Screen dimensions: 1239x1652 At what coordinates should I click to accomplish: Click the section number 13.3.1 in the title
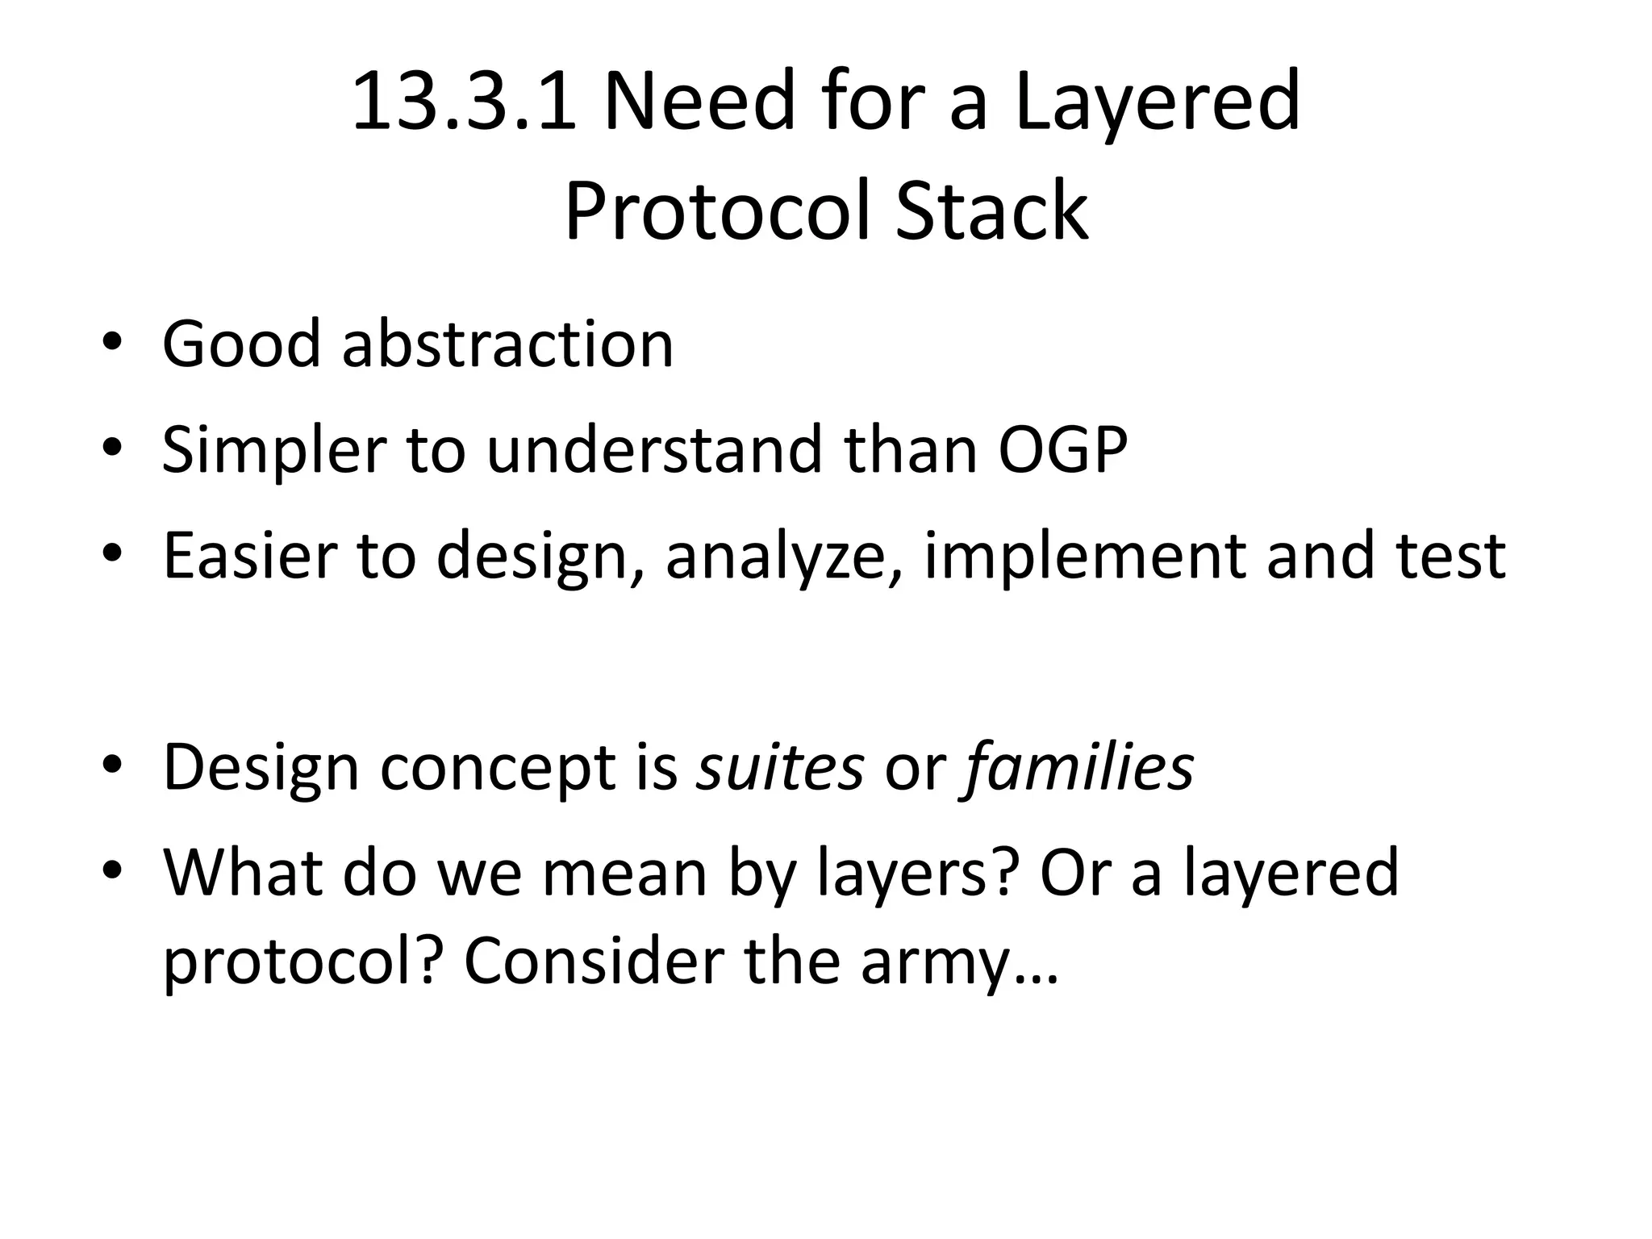[464, 102]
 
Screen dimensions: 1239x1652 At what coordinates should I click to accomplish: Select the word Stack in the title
[991, 211]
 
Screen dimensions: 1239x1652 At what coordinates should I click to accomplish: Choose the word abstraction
[507, 344]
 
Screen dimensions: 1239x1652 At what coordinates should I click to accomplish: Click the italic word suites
[781, 766]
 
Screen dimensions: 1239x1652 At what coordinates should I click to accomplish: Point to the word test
[1452, 556]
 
